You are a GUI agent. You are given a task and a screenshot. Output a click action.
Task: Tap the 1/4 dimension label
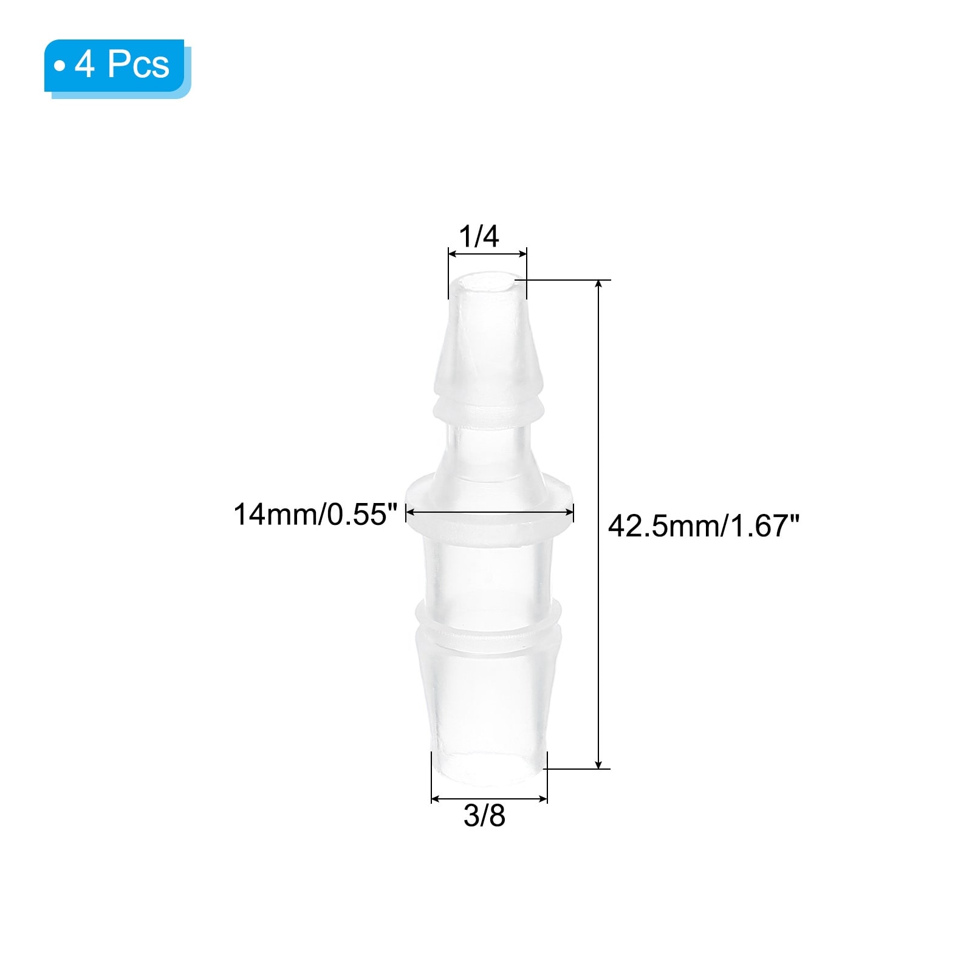point(479,236)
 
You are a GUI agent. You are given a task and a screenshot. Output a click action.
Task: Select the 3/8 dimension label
point(484,816)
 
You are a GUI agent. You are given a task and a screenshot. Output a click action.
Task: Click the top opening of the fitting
point(487,283)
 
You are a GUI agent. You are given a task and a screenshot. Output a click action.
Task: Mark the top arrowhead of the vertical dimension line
point(599,286)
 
